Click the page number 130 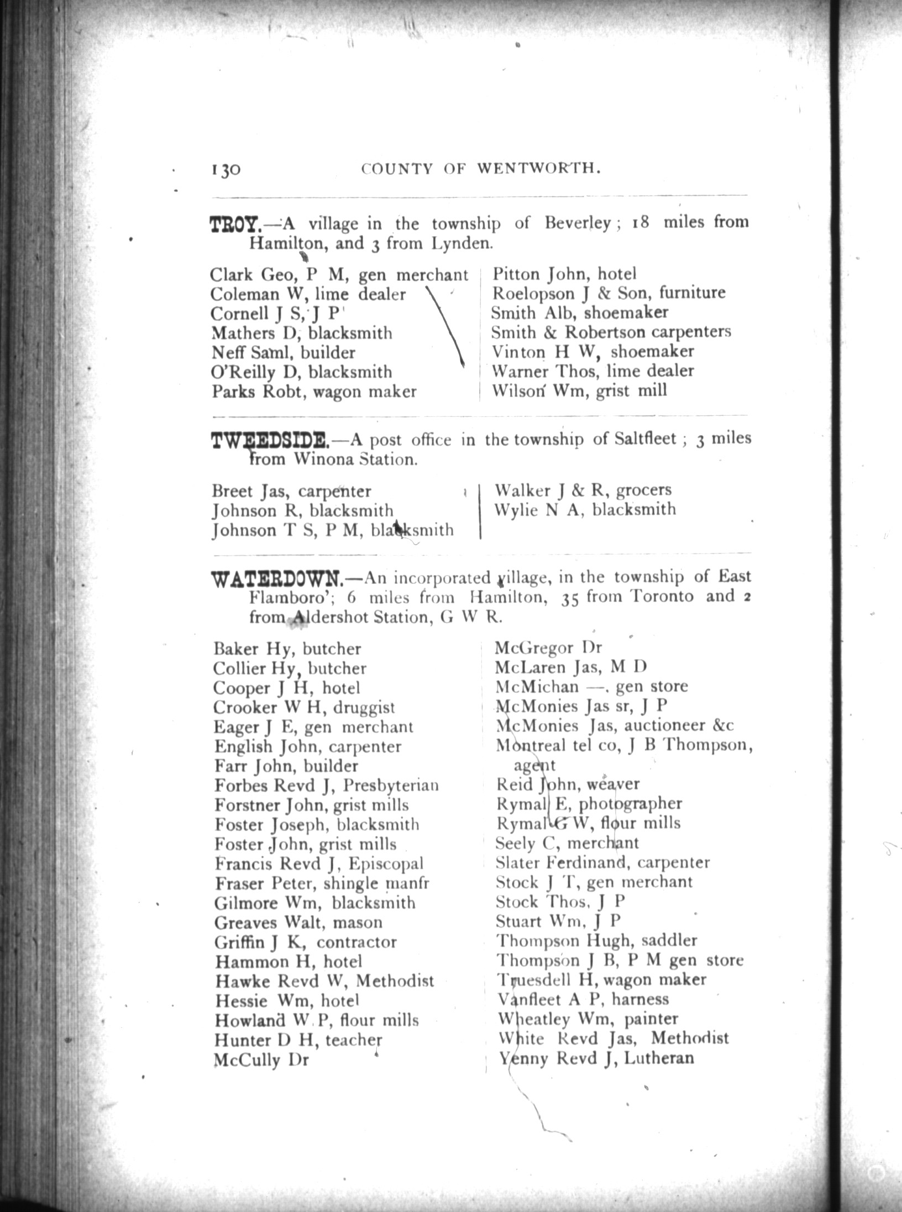pyautogui.click(x=224, y=169)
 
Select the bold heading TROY pyautogui.click(x=234, y=226)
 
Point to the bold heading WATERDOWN pyautogui.click(x=278, y=579)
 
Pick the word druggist pyautogui.click(x=360, y=708)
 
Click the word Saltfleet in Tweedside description pyautogui.click(x=644, y=439)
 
